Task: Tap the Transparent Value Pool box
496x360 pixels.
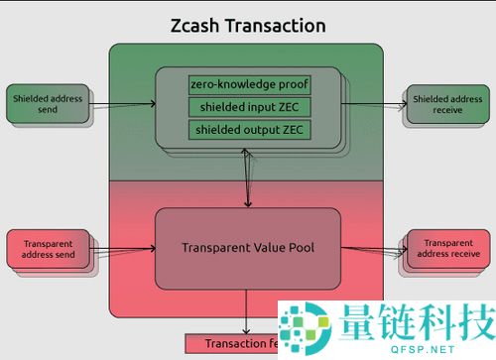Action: coord(248,247)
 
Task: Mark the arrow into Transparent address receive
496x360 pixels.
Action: coord(375,248)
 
